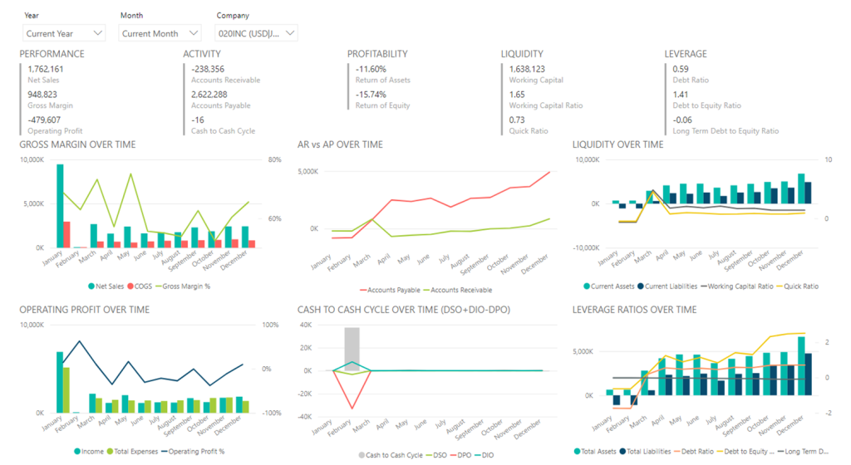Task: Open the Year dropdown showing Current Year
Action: (64, 33)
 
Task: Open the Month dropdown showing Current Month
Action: (160, 33)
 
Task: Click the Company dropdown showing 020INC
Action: (256, 33)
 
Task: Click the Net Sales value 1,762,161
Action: (46, 69)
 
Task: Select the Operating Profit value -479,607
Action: (44, 120)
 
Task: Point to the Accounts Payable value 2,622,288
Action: (209, 95)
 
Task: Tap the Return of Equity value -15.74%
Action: (371, 95)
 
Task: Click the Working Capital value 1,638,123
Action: (527, 69)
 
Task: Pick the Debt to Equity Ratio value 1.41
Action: (681, 95)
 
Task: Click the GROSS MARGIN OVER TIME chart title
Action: (77, 144)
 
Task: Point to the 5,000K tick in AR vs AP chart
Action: (307, 172)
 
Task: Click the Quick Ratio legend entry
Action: (799, 286)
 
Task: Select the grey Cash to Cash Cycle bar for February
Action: (352, 349)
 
